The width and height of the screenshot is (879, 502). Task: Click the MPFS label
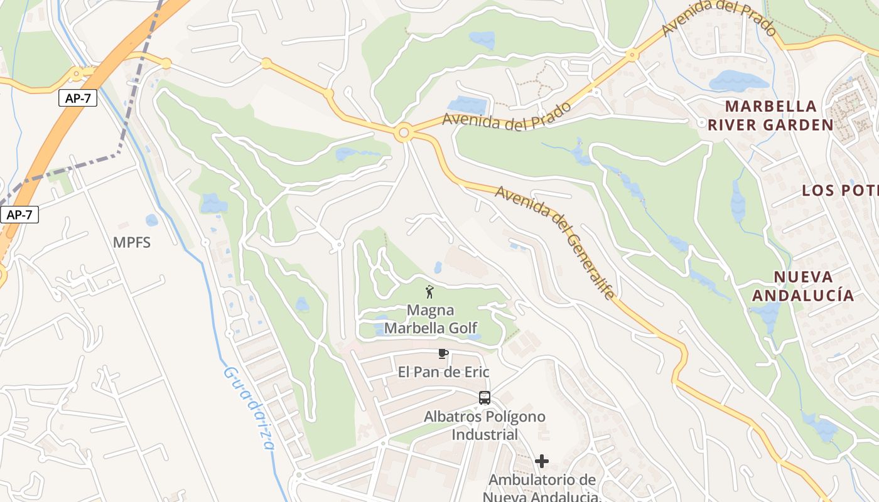132,242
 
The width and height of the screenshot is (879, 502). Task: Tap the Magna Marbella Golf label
431,319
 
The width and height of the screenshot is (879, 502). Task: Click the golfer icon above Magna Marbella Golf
430,292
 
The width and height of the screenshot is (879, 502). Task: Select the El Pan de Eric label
443,372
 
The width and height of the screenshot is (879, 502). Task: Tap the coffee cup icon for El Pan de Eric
443,354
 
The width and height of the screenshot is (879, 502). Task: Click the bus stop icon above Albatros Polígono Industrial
484,397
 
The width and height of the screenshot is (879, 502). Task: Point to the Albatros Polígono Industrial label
485,425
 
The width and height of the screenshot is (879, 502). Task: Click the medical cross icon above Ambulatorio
541,462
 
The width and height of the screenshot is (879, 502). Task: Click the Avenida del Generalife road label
555,242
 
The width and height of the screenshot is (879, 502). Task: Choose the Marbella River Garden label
770,115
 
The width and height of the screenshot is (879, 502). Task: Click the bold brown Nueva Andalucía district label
804,286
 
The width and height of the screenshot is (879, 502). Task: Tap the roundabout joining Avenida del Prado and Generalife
404,133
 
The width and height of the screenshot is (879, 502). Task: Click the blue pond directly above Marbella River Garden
738,81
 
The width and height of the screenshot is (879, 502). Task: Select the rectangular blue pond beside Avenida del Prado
466,105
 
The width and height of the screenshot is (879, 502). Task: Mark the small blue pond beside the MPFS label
151,220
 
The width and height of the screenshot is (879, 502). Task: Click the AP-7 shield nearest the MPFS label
19,215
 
